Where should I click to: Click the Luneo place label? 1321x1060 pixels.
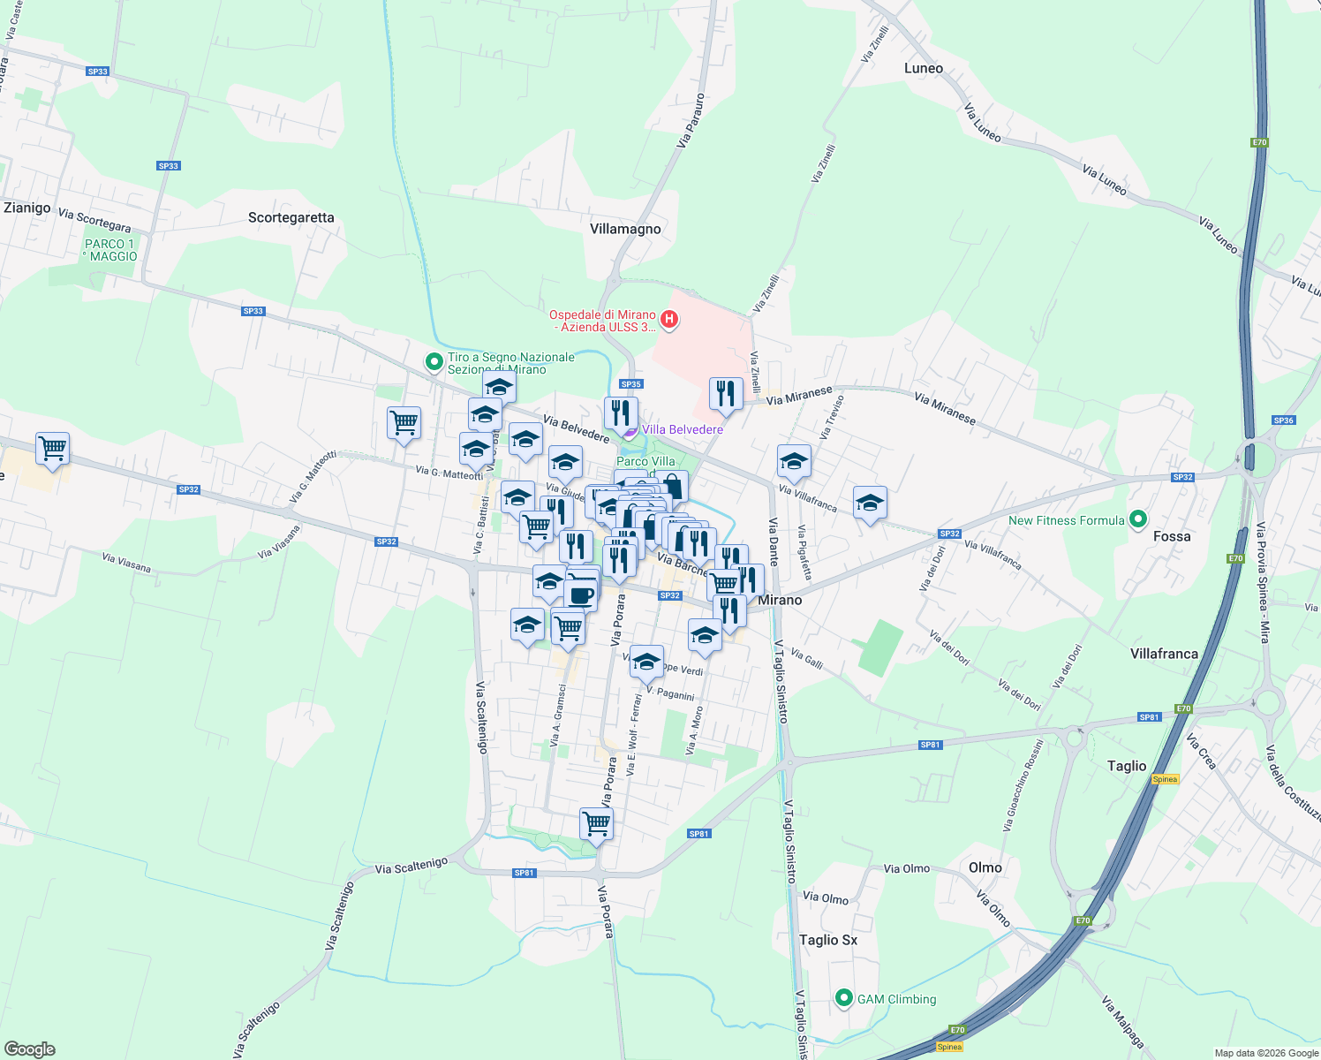point(923,68)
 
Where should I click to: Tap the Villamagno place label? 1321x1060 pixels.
point(625,229)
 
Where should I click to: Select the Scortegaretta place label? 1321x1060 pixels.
point(291,217)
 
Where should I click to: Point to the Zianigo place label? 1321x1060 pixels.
point(27,208)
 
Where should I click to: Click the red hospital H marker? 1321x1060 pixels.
point(669,320)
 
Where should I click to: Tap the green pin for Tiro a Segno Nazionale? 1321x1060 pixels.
point(434,362)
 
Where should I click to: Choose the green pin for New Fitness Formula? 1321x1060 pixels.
point(1138,519)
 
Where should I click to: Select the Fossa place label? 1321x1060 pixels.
point(1172,536)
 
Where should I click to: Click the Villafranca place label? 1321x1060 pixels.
point(1164,654)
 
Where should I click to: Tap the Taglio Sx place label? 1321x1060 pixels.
point(827,940)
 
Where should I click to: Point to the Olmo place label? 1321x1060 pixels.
point(985,867)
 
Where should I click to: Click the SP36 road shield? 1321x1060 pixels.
point(1283,420)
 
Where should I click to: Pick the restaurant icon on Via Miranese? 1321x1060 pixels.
point(726,394)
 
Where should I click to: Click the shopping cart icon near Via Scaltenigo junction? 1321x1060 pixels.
point(597,823)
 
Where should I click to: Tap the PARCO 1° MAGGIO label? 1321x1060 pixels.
point(110,250)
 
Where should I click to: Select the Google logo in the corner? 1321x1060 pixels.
point(29,1049)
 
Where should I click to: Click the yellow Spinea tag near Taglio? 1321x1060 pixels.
point(1165,779)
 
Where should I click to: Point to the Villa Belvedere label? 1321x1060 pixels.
point(682,429)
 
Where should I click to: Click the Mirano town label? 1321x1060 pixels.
point(780,600)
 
